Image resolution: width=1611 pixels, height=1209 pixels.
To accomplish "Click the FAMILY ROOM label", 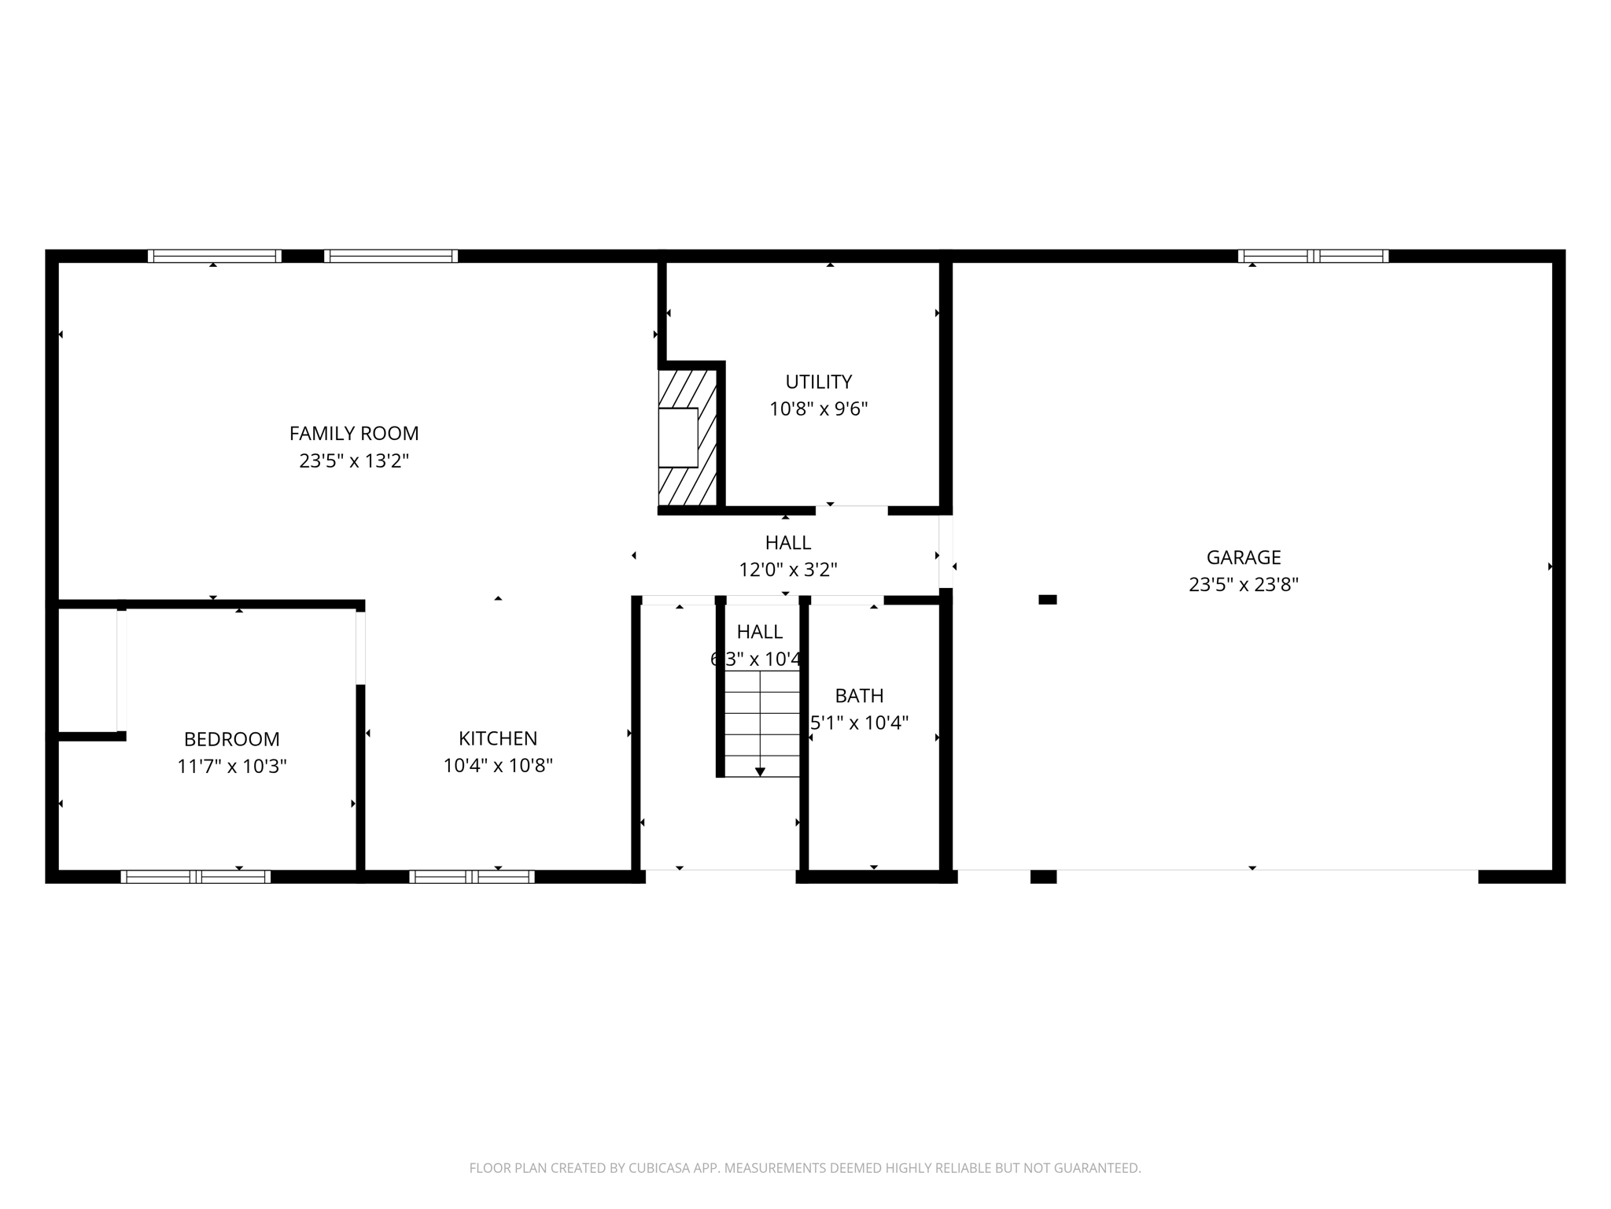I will point(354,433).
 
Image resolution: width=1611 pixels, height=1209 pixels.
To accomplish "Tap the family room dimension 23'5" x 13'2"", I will point(354,460).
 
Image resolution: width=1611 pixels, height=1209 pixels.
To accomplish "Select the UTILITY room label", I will point(818,382).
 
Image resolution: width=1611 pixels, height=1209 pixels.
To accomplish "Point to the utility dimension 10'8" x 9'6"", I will point(818,409).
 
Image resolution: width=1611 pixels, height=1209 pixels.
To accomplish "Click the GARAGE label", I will point(1244,557).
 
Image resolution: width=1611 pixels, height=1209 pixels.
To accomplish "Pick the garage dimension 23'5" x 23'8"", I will point(1244,585).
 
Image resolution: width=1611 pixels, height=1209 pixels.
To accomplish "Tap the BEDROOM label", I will point(231,739).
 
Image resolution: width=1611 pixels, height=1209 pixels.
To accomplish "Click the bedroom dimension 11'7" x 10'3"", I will point(231,767).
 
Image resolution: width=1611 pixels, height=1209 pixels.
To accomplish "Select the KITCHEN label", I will point(498,738).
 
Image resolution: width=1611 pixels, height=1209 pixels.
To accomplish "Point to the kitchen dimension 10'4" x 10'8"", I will point(498,766).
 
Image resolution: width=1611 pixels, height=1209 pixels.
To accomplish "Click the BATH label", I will point(859,696).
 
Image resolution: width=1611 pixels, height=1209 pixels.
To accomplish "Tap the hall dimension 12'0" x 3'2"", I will point(787,570).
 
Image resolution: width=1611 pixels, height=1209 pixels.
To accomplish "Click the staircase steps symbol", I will point(761,724).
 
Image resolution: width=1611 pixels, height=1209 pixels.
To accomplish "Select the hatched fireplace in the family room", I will point(687,438).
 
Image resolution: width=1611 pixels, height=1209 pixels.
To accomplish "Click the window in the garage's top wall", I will point(1313,256).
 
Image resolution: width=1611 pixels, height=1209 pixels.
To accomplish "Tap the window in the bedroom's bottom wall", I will point(196,877).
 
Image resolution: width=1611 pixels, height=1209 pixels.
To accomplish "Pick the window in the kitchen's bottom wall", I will point(472,877).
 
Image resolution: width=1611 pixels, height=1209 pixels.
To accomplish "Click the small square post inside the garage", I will point(1047,600).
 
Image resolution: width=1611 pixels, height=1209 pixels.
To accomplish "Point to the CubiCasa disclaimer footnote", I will point(805,1168).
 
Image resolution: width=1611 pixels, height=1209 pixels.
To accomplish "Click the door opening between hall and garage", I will point(946,551).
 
